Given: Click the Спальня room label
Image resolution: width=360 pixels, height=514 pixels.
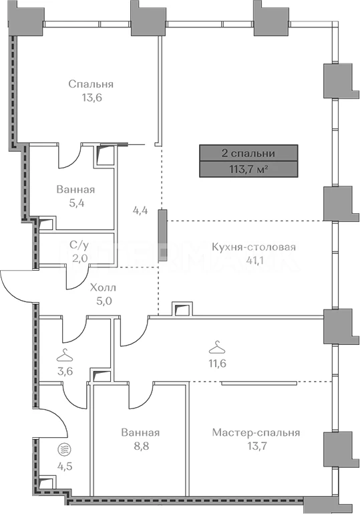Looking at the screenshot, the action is [91, 84].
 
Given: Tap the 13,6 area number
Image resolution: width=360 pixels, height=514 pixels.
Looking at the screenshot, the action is [92, 98].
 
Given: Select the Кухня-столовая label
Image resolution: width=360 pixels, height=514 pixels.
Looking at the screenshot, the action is [254, 247].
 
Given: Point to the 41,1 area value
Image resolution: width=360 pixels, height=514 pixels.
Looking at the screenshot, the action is [254, 260].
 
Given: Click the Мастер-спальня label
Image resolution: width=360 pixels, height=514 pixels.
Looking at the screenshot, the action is [256, 432].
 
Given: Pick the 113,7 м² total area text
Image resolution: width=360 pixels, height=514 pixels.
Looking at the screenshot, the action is [248, 170].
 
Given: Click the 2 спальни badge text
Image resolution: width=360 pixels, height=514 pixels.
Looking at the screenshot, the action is [248, 153].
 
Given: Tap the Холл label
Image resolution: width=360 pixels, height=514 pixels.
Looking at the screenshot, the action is [103, 288].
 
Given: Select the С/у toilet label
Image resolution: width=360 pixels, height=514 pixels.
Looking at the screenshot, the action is [79, 245].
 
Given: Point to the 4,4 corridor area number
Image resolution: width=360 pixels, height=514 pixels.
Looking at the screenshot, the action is [140, 210].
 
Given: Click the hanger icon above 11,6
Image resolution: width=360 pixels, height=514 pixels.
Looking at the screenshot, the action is [216, 348].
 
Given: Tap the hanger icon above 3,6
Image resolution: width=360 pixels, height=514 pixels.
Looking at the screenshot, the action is [65, 356].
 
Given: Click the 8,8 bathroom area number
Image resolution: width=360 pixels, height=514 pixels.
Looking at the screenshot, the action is [140, 446].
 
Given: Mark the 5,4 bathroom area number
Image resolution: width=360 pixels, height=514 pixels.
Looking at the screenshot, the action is [75, 203].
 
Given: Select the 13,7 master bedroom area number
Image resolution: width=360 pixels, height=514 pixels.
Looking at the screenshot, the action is [256, 446].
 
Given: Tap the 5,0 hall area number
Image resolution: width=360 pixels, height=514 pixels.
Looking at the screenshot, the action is [104, 301].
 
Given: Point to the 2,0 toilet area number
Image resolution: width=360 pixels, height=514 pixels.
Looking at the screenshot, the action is [79, 258].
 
